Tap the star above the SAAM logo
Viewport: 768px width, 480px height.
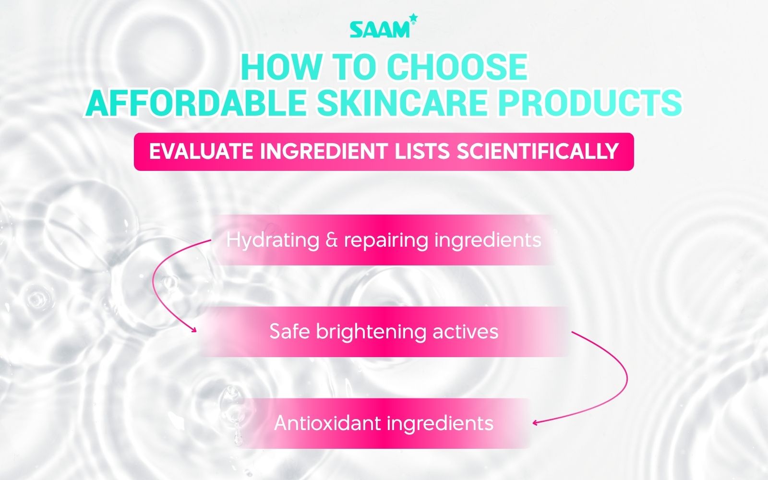[414, 18]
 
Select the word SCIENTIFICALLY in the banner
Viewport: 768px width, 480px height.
[537, 152]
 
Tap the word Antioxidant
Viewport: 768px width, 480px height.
[327, 423]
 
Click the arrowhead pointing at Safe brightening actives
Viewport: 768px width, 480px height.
[194, 329]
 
